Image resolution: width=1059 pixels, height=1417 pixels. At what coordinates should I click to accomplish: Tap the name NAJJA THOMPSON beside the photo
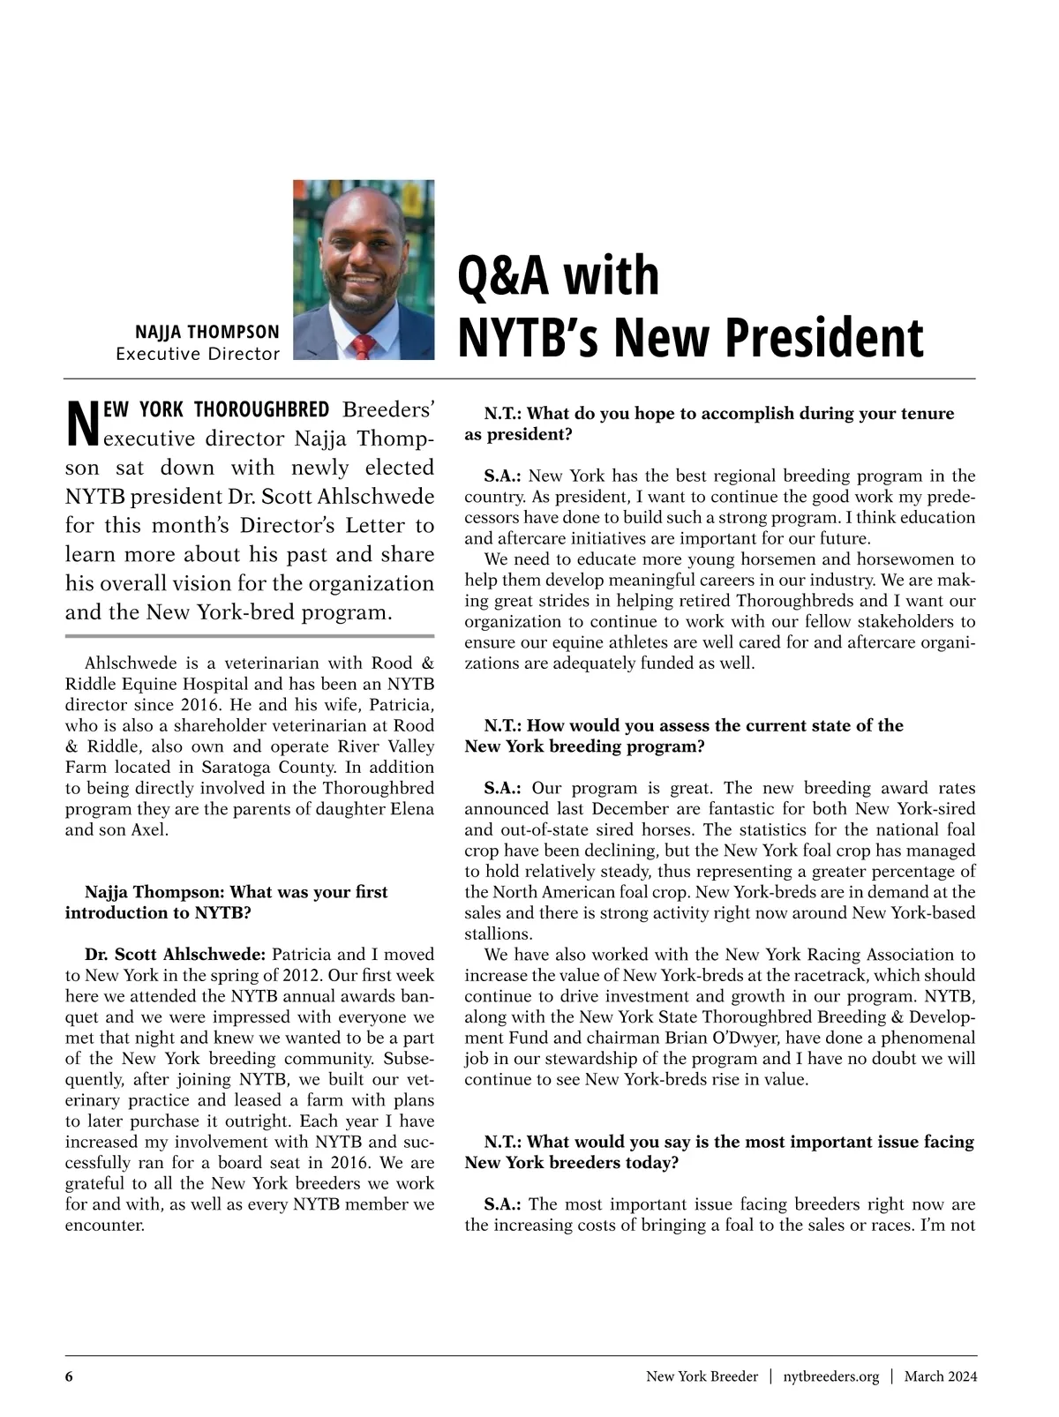[207, 332]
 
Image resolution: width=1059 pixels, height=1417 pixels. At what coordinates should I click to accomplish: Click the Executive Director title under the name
[198, 354]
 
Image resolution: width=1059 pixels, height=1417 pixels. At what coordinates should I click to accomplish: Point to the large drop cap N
[80, 424]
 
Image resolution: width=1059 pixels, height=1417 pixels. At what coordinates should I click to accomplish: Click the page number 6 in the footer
[69, 1376]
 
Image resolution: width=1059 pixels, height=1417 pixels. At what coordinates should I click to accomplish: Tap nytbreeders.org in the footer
[830, 1376]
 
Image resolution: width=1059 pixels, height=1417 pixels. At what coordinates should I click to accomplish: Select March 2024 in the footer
[940, 1376]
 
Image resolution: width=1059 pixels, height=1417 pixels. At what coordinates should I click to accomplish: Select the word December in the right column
[624, 808]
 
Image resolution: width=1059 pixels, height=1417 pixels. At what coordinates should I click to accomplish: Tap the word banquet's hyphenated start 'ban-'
[417, 996]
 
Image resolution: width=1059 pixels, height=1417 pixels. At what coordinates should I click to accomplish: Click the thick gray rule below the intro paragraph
[250, 635]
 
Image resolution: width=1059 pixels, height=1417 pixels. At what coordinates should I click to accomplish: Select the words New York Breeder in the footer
[702, 1376]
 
